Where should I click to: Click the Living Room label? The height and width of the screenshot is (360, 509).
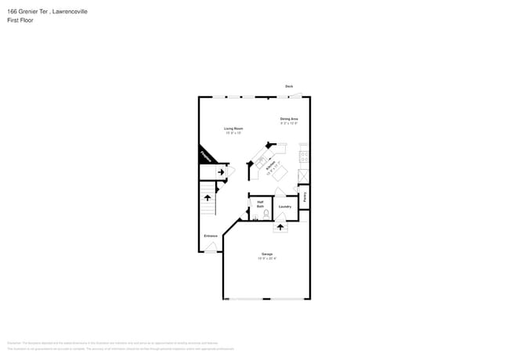(x=233, y=128)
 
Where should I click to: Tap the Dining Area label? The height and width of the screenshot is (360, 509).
(x=289, y=118)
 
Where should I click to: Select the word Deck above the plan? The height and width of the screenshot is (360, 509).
(x=289, y=86)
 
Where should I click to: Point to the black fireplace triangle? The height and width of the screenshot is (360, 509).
(x=205, y=155)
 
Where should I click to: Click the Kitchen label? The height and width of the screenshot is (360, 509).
(x=271, y=167)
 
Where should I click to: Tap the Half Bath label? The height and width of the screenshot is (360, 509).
(x=260, y=203)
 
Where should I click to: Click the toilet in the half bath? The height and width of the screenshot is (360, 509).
(x=266, y=213)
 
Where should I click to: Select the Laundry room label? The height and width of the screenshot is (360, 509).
(x=285, y=207)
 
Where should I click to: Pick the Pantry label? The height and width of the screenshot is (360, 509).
(x=305, y=197)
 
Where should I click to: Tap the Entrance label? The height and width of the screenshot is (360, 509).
(x=211, y=236)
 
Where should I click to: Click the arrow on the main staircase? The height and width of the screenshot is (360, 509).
(x=208, y=198)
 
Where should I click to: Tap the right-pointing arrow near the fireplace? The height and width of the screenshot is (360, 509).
(x=220, y=171)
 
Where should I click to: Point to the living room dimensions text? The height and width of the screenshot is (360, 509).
(x=233, y=133)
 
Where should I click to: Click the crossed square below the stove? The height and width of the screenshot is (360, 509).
(x=304, y=175)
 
